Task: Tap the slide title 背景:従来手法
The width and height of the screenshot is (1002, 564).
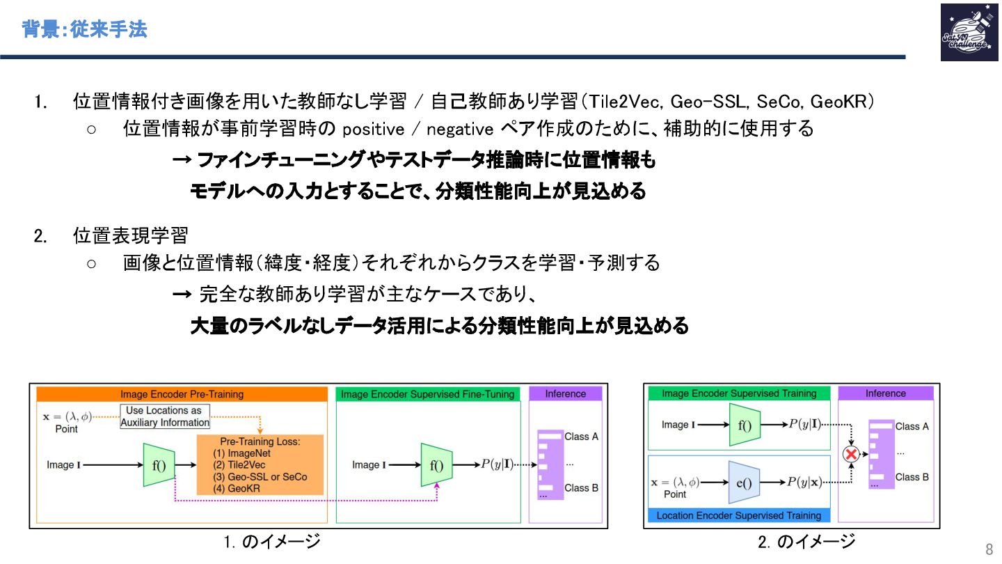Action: click(x=84, y=30)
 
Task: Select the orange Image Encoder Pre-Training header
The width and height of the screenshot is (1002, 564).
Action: click(x=182, y=394)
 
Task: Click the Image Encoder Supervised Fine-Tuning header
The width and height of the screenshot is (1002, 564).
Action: click(x=428, y=394)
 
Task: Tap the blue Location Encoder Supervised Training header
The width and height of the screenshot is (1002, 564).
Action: click(x=738, y=515)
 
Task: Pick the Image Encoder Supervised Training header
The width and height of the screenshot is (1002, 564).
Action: click(x=738, y=393)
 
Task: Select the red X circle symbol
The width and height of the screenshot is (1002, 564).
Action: click(x=850, y=454)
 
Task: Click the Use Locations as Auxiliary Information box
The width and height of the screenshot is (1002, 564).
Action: click(x=165, y=416)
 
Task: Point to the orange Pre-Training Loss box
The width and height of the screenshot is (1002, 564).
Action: click(x=260, y=464)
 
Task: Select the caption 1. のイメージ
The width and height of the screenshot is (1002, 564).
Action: click(x=272, y=542)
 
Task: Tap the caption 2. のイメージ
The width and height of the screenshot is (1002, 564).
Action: click(x=806, y=542)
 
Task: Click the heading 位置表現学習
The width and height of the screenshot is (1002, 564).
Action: click(x=130, y=235)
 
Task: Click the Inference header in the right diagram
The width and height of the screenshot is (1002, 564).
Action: click(x=885, y=393)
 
